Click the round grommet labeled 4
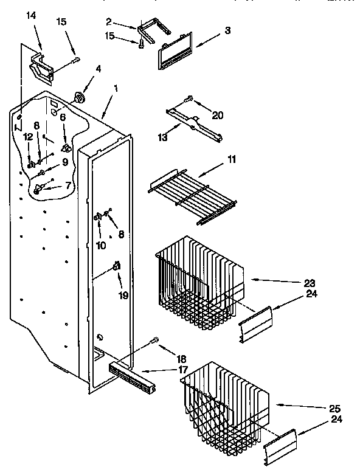point(79,97)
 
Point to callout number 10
point(100,245)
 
